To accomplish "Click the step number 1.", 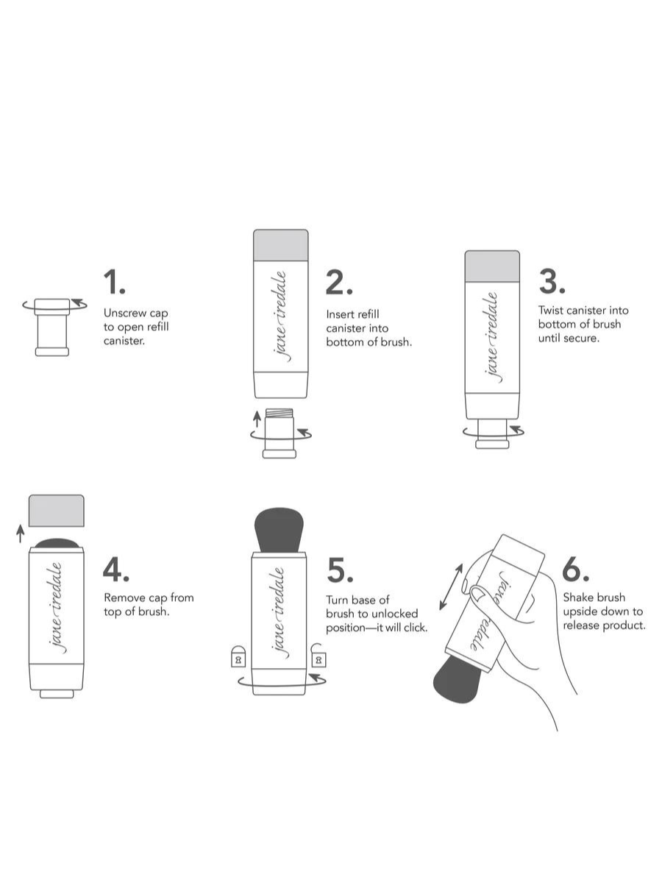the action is coord(115,282).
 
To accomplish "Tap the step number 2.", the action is coord(339,282).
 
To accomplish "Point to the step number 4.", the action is coord(115,570).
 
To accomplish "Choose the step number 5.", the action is coord(340,570).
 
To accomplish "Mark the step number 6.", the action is coord(576,570).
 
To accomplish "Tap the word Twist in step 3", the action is coord(551,311).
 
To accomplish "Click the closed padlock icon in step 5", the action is coord(238,657).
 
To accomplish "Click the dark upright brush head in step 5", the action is coord(279,531).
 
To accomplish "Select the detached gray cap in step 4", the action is coord(57,511).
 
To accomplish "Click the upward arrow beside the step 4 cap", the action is coord(20,533).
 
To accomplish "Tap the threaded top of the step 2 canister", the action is coord(280,413).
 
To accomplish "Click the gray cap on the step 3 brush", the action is coord(492,266).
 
